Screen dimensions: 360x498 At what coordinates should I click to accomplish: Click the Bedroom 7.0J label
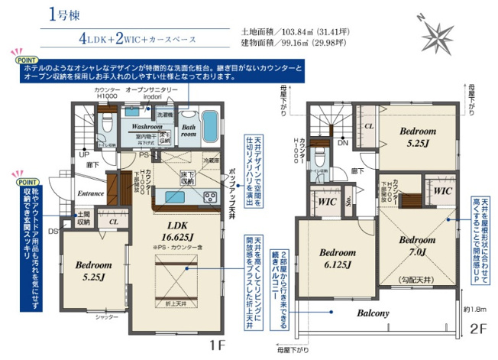point(417,245)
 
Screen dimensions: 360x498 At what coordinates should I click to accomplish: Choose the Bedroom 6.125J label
point(335,258)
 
